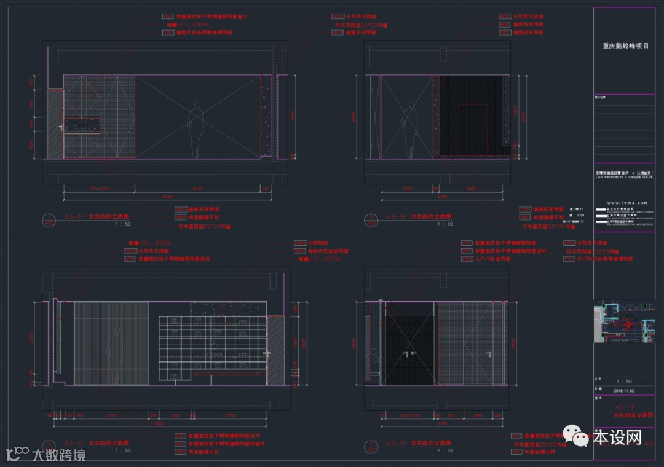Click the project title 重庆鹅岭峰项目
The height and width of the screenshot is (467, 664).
tap(625, 45)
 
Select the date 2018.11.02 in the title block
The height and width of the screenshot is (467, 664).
tap(625, 390)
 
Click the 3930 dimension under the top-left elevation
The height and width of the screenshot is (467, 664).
tap(198, 188)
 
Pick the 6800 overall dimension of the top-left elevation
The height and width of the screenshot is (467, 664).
tap(167, 197)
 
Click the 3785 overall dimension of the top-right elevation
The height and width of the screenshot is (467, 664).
tap(442, 197)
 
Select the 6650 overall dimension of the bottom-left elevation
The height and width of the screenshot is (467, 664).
tap(159, 423)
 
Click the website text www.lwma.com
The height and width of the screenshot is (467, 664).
tap(625, 202)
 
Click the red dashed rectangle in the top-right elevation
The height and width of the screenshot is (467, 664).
tap(473, 128)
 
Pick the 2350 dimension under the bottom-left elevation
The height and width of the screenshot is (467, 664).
tap(111, 415)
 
